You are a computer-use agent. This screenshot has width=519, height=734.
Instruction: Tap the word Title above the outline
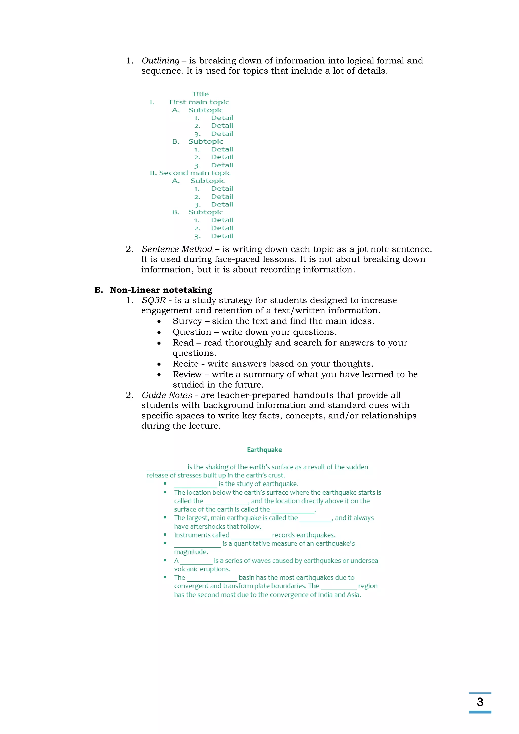pos(200,94)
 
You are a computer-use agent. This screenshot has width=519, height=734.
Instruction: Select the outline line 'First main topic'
pos(199,102)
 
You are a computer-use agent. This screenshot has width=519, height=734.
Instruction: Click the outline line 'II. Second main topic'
pos(190,173)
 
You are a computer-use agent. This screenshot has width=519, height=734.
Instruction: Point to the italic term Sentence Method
pos(177,249)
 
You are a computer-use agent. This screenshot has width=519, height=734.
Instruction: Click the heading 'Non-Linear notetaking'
pos(161,290)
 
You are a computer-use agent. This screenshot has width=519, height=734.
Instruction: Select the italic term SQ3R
pos(154,300)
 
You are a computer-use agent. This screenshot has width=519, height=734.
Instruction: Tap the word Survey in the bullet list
pos(187,321)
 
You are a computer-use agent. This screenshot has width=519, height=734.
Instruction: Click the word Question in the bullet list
pos(192,332)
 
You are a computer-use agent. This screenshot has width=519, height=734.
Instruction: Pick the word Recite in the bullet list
pos(185,364)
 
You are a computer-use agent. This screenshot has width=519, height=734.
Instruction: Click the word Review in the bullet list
pos(187,374)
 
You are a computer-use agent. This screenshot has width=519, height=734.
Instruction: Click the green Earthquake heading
pos(264,450)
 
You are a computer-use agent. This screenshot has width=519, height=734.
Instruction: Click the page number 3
pos(480,702)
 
